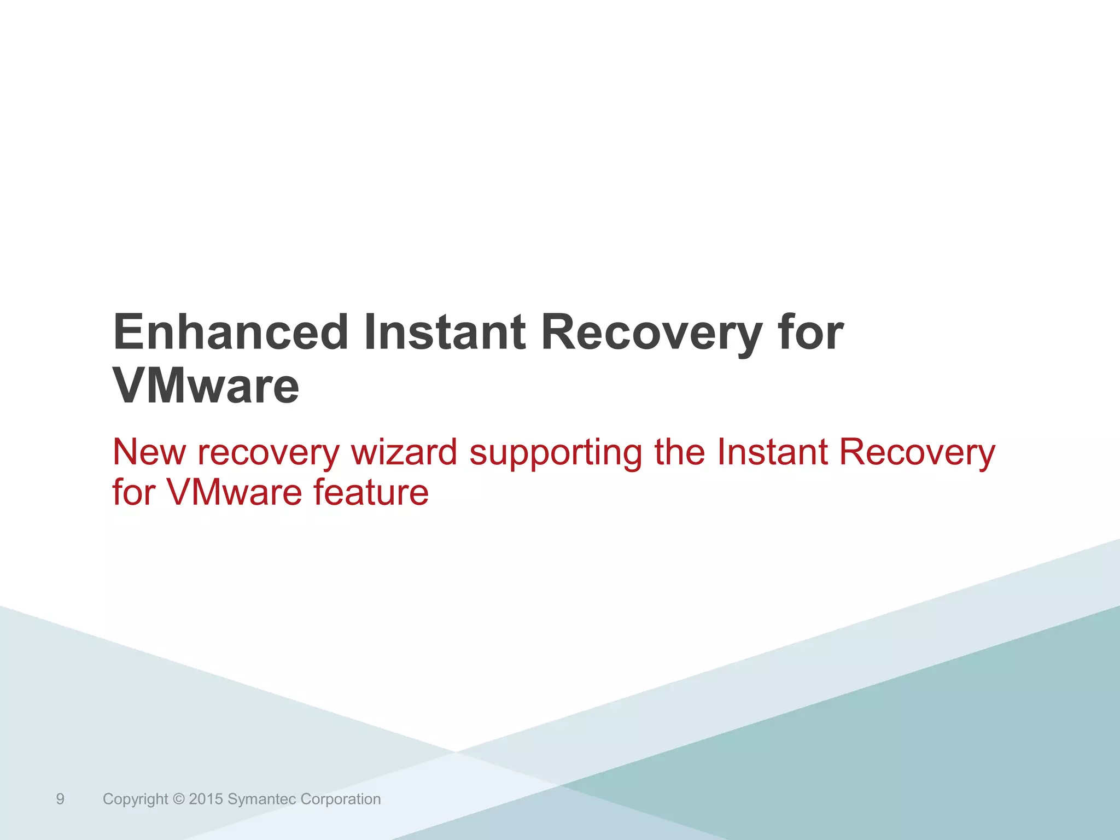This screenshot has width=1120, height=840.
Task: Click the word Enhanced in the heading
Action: (x=230, y=332)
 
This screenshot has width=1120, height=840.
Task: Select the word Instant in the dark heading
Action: (x=445, y=332)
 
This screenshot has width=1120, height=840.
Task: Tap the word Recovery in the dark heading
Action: (x=651, y=334)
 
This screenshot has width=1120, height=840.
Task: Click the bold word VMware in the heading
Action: (x=206, y=386)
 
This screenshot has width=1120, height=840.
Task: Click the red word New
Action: (x=149, y=452)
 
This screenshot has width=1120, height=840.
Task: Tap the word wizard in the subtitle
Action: (x=404, y=452)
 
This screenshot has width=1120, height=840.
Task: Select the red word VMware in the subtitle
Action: (x=234, y=492)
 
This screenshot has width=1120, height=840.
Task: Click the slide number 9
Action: (x=60, y=800)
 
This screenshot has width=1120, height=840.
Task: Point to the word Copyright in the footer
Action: (x=135, y=800)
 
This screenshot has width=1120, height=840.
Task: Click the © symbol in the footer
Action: (x=178, y=800)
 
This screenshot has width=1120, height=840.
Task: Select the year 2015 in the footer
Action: (x=206, y=800)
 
